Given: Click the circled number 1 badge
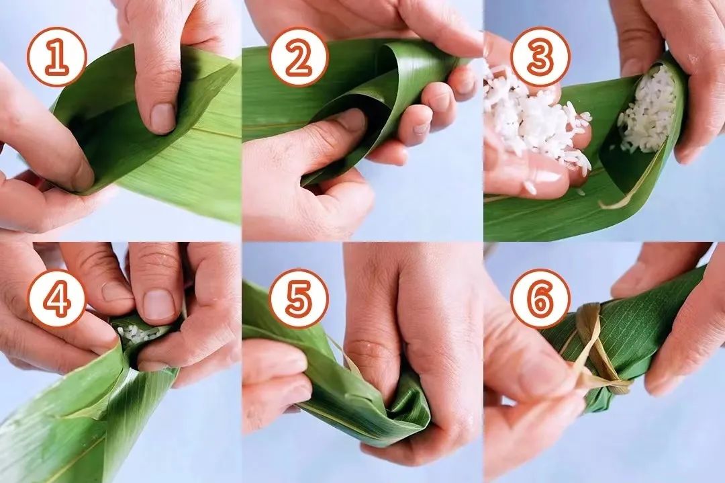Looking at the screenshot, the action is tap(57, 57).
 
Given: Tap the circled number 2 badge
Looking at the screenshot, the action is tap(299, 57).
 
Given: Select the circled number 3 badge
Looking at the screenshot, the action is tap(540, 57).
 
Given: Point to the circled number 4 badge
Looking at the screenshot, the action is tap(57, 298).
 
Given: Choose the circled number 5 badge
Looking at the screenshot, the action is tap(299, 298).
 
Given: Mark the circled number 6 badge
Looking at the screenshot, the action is tap(540, 298).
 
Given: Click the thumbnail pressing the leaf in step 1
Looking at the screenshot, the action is tap(162, 118).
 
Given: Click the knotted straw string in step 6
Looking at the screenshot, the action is tap(597, 351).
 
